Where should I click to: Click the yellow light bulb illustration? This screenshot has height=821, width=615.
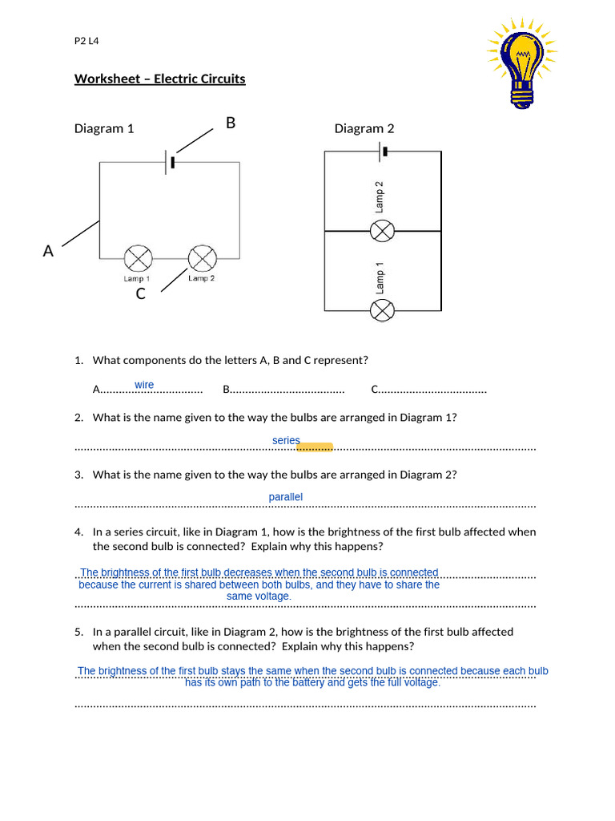coord(522,63)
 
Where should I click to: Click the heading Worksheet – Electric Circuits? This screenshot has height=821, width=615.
coord(160,79)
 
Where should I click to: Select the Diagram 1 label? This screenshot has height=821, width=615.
coord(104,128)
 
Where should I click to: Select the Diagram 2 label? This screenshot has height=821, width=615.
coord(364,128)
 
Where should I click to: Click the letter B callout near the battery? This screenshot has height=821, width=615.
coord(231,123)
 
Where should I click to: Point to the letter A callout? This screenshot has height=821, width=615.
coord(48,251)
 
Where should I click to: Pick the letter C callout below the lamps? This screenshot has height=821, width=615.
coord(141,294)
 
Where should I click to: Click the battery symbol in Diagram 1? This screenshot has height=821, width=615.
coord(170,162)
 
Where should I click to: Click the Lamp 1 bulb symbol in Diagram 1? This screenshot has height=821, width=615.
coord(138,258)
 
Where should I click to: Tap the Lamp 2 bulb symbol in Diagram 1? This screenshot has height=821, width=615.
coord(202,258)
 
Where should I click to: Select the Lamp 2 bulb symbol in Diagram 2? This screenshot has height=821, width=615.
coord(383,231)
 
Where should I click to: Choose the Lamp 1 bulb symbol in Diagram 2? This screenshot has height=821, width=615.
coord(383,309)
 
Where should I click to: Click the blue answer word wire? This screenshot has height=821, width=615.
coord(144,385)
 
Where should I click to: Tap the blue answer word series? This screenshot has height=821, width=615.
coord(286,440)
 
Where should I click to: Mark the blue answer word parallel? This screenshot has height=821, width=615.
coord(286,497)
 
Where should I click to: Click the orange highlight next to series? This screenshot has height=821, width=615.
coord(315,447)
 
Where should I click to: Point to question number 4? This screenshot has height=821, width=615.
coord(79,532)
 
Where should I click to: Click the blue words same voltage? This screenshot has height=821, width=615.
coord(259,597)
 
